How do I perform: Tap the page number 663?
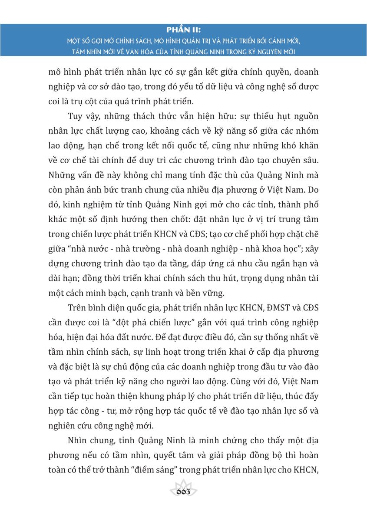point(184,494)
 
